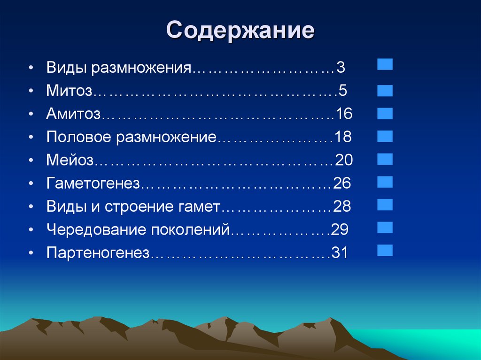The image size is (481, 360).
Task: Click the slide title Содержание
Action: coord(240,31)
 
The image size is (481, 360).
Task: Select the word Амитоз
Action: coord(74,114)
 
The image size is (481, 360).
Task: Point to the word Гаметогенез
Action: coord(93,184)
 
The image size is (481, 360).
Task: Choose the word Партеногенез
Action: coord(98,253)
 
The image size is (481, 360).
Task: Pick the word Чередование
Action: coord(96,230)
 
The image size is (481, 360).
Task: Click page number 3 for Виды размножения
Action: coord(341,68)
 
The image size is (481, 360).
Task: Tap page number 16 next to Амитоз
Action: coord(343,114)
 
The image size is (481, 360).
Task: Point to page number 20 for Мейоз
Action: coord(344,161)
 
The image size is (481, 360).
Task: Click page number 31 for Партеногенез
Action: coord(339,253)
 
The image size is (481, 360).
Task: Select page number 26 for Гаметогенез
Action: coord(342,184)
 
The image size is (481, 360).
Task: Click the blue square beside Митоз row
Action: coord(385,90)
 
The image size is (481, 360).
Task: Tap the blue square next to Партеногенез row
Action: coord(385,249)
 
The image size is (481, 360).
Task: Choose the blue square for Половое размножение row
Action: coord(385,136)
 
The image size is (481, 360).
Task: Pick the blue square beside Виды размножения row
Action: coord(385,64)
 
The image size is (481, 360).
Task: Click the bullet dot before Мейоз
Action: coord(31,161)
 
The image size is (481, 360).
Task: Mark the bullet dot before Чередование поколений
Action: coord(31,230)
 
